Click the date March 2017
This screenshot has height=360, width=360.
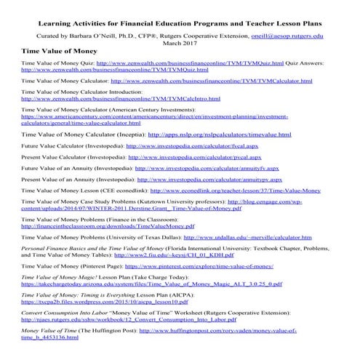(x=180, y=43)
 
